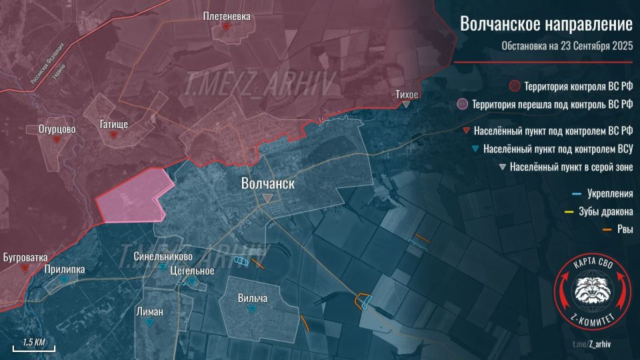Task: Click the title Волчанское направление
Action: tap(546, 24)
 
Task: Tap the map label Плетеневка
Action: tap(227, 17)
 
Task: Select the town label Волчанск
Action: tap(267, 183)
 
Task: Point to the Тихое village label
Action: tap(407, 95)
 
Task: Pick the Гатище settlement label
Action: tap(114, 125)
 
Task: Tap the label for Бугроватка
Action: tap(25, 257)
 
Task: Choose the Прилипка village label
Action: tap(65, 269)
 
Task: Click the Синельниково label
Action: tap(163, 256)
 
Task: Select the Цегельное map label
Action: tap(192, 271)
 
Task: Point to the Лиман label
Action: tap(149, 311)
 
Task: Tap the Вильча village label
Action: tap(253, 299)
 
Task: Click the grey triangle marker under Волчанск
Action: tap(267, 199)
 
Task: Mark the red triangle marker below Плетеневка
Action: tap(227, 27)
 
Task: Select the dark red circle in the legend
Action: tap(514, 87)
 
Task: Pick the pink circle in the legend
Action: tap(461, 105)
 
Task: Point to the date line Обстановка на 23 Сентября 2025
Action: tap(567, 46)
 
